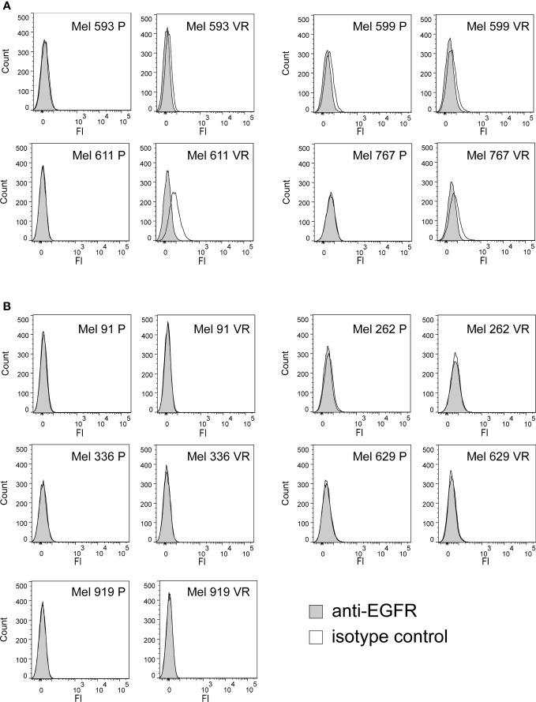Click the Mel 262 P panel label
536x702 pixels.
(x=376, y=329)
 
